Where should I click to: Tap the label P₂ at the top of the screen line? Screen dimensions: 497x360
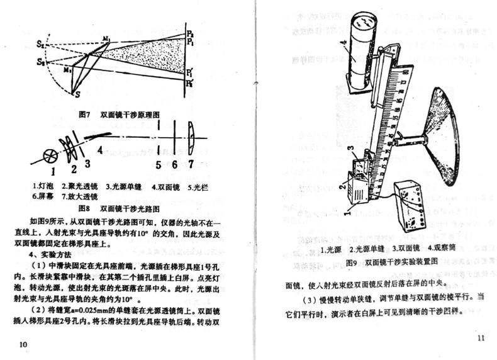point(191,31)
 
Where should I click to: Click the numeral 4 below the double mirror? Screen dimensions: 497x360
point(99,150)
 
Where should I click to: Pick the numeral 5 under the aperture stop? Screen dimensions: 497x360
point(159,164)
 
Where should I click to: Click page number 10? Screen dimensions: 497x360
point(24,344)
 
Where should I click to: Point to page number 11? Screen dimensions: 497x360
point(481,339)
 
